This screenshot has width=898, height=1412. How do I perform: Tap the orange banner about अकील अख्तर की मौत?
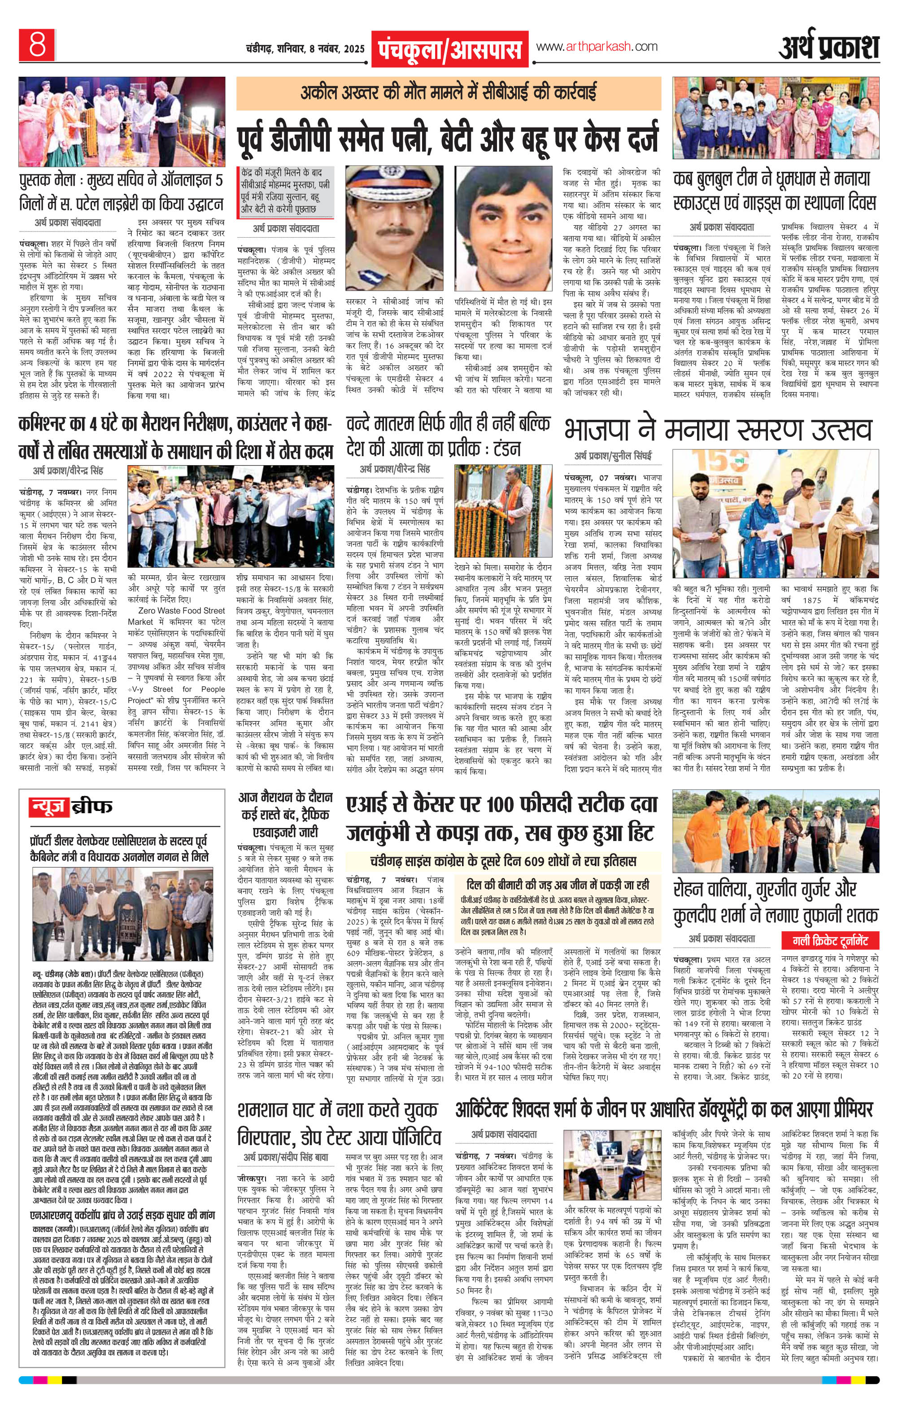point(449,93)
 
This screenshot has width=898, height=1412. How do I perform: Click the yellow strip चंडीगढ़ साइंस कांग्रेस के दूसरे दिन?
point(503,861)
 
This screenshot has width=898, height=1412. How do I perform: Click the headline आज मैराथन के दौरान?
point(285,798)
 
